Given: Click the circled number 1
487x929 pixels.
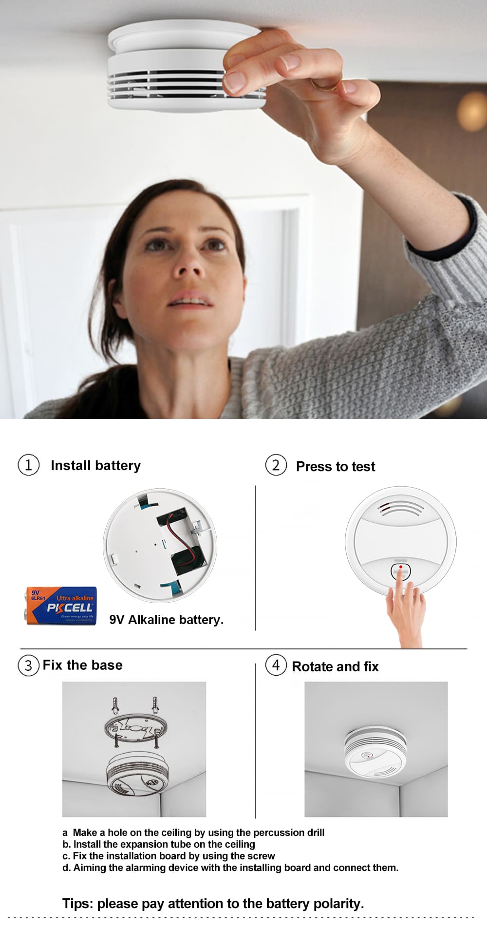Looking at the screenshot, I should tap(28, 465).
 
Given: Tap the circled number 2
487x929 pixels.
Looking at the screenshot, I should tap(276, 465).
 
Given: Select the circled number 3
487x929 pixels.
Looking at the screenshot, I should tap(28, 665).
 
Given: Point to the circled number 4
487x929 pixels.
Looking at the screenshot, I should tap(276, 665).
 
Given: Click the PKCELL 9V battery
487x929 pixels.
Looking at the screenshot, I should tap(61, 606).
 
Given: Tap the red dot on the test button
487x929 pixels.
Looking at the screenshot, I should tap(400, 567).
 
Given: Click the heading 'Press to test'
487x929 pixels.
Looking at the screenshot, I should tap(336, 466).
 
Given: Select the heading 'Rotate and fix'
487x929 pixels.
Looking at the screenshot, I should tap(335, 666).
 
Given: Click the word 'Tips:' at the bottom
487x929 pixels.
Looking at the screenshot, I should tap(77, 904).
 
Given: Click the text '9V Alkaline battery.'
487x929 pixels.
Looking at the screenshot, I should tap(166, 620).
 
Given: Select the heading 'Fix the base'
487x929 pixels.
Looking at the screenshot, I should tap(82, 665).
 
